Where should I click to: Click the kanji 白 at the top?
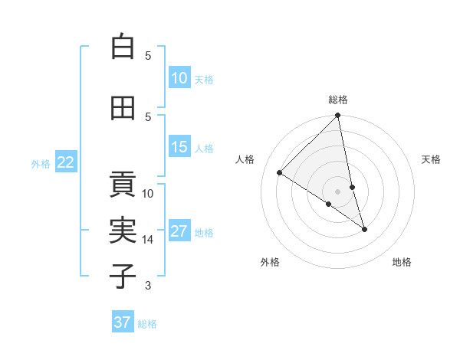[x=123, y=47]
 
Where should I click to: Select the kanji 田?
[x=123, y=108]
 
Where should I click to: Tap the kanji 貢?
[x=123, y=185]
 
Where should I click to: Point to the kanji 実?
[x=123, y=231]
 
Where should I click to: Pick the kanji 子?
[x=123, y=276]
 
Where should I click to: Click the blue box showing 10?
[x=179, y=77]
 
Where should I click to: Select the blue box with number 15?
[x=179, y=146]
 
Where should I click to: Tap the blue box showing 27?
[x=179, y=231]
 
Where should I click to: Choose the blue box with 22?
[x=66, y=162]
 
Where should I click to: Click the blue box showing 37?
[x=123, y=322]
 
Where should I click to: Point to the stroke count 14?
[x=148, y=240]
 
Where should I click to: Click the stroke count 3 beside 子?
[x=148, y=286]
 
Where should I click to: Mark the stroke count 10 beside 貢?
[x=148, y=193]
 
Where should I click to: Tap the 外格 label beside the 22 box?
[x=41, y=163]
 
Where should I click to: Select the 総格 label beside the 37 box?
[x=147, y=324]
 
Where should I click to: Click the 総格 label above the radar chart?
[x=338, y=100]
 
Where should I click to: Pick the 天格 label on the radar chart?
[x=432, y=159]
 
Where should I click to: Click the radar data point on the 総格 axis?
[x=338, y=116]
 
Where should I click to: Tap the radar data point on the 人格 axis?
[x=280, y=173]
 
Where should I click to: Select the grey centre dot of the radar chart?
[x=338, y=191]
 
